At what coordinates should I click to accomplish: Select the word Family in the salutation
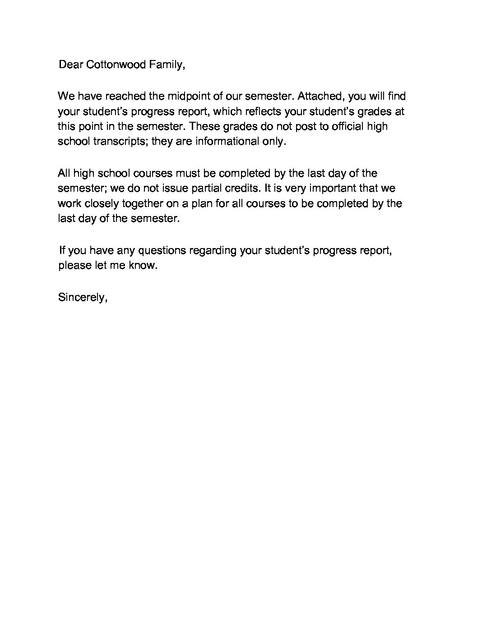[167, 65]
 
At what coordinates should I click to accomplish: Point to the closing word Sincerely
[83, 298]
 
